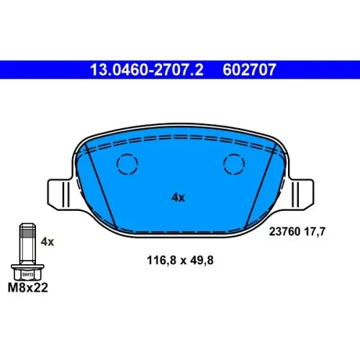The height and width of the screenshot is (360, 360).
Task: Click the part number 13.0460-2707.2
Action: coord(147,70)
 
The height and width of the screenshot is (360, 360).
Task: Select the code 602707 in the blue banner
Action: coord(249,70)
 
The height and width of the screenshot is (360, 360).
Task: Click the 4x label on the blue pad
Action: coord(178,197)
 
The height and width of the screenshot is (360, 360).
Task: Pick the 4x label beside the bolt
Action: coord(48,242)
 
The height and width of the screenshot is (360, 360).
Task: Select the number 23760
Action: coord(284,232)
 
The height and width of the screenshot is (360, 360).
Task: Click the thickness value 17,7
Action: coord(315,232)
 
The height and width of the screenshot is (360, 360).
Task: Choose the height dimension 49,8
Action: coord(202,260)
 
